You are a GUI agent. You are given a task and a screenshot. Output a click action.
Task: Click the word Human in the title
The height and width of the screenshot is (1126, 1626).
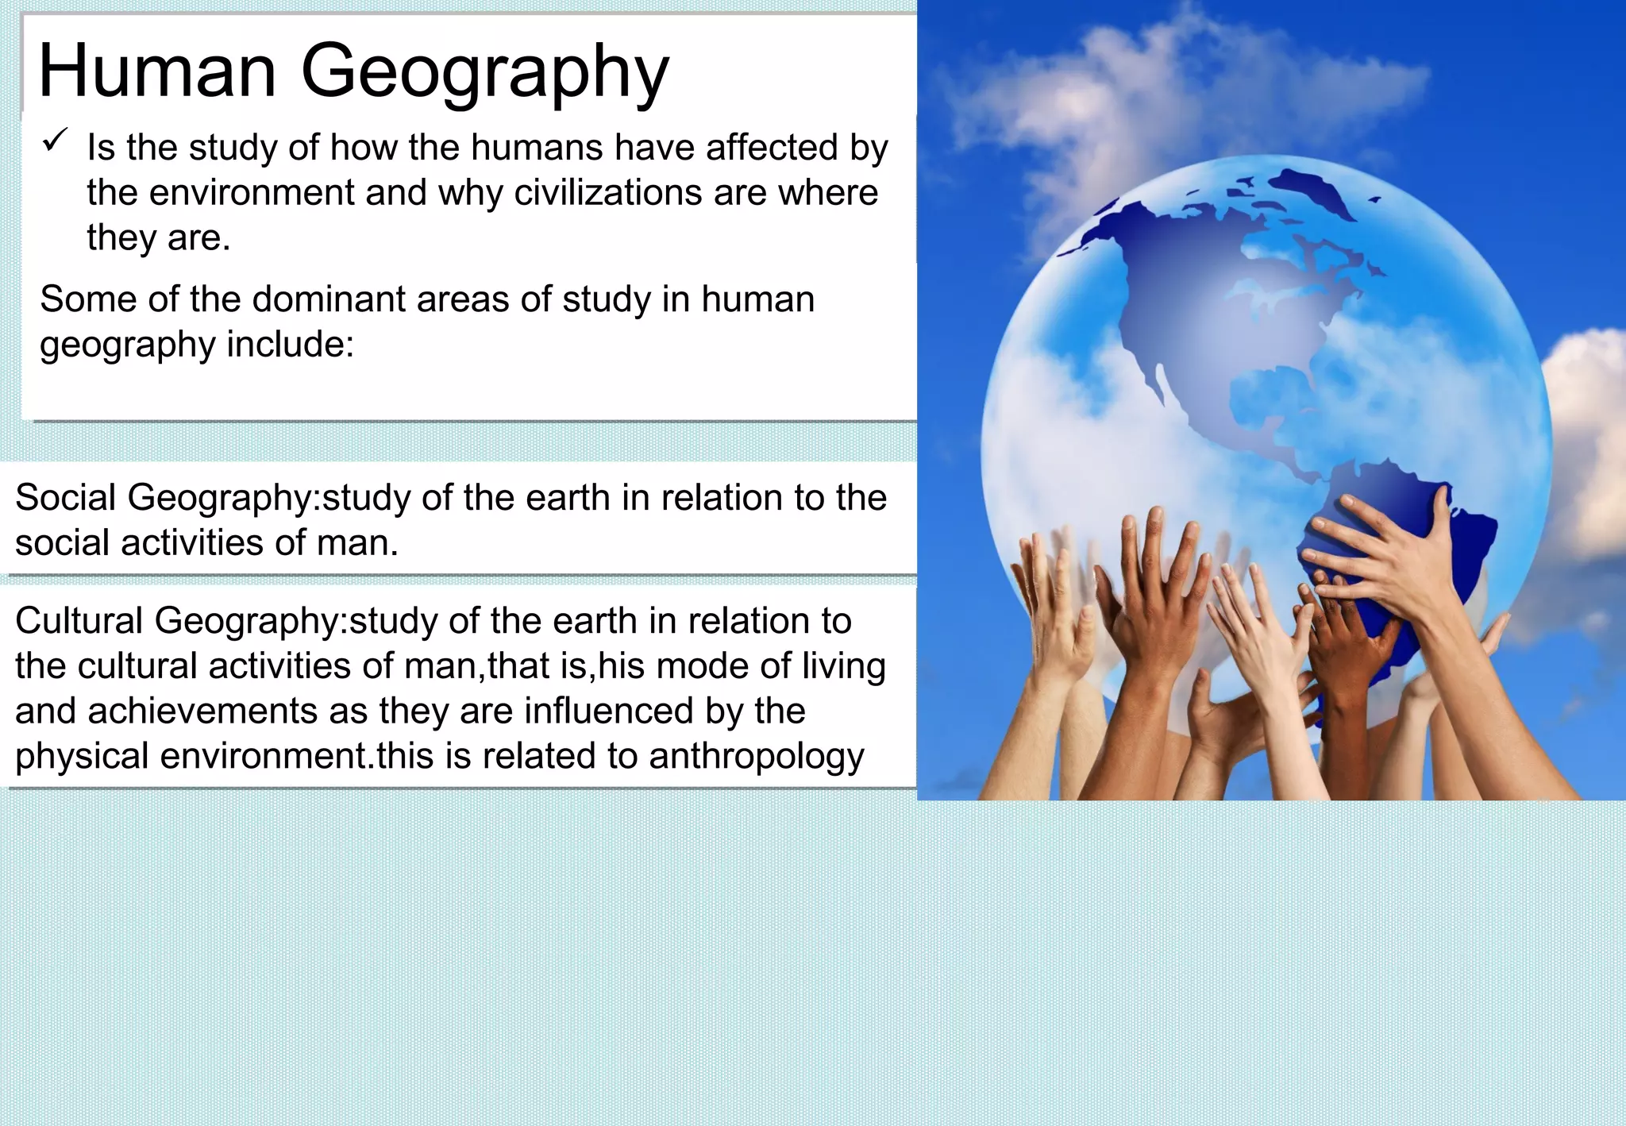pos(157,71)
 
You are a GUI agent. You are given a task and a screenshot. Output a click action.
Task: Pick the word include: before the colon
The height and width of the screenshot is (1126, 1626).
pos(291,345)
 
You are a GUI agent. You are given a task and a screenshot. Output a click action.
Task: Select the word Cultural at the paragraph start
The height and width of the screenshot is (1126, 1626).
pos(79,621)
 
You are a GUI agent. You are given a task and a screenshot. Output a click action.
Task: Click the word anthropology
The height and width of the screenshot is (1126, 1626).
pos(756,757)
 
